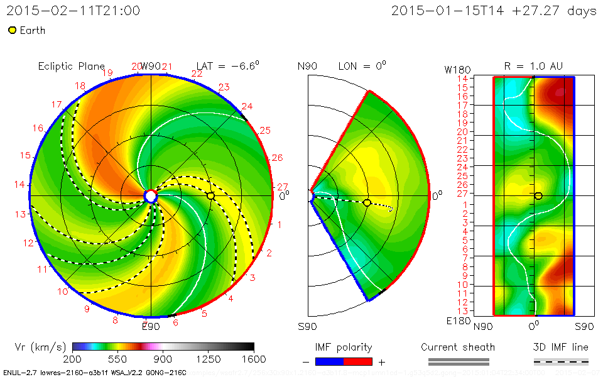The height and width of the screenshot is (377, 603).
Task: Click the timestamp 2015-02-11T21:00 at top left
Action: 73,11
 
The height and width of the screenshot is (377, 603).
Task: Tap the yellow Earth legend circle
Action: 12,30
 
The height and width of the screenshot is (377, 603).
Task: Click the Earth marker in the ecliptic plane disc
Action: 210,196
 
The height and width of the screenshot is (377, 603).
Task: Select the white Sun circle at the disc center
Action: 151,196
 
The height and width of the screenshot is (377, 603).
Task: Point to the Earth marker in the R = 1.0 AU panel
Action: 538,196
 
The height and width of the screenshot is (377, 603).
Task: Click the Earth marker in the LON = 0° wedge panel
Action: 367,202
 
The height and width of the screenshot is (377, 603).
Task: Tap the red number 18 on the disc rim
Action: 80,86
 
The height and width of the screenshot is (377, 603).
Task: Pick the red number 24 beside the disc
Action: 247,106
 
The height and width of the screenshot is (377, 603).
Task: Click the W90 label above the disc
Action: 151,66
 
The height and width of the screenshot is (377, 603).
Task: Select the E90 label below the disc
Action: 151,326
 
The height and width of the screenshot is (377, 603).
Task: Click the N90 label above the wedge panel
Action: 308,66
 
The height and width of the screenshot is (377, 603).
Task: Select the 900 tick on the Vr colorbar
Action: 163,359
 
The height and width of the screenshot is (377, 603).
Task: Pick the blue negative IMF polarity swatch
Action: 329,361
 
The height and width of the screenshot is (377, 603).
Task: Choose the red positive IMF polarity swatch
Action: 358,361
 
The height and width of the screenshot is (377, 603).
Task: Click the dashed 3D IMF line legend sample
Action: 561,361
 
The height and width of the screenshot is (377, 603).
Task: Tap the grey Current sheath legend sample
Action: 458,361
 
